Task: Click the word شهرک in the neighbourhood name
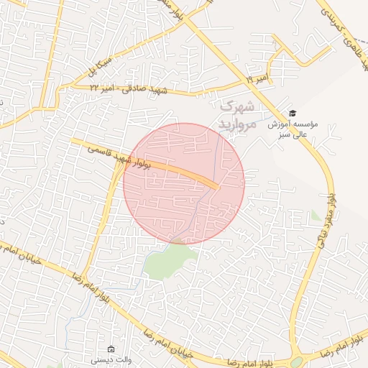(x=237, y=106)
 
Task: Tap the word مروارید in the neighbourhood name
(x=237, y=124)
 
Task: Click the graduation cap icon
(x=292, y=113)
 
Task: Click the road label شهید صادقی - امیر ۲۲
(x=128, y=89)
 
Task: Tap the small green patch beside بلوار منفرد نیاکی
(x=316, y=215)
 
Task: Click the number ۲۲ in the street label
(x=96, y=87)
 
